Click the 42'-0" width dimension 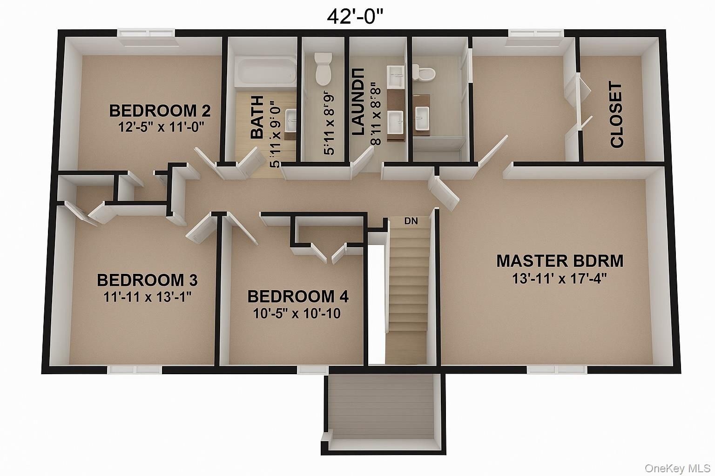point(355,16)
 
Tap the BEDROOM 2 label point(160,111)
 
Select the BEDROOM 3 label point(147,280)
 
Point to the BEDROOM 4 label point(298,297)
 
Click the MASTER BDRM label point(560,261)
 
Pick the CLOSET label point(616,115)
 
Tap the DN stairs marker point(411,221)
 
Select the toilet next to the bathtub point(323,68)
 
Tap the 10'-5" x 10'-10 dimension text point(297,314)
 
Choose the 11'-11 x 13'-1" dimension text point(147,297)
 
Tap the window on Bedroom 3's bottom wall point(135,370)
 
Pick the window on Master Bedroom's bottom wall point(558,370)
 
